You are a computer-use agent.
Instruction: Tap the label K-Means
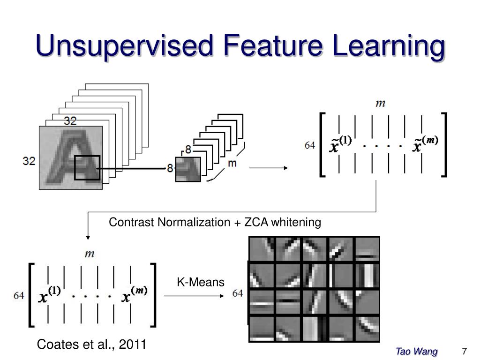point(201,282)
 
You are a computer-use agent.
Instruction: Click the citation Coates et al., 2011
point(92,345)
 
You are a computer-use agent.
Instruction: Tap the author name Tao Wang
point(417,352)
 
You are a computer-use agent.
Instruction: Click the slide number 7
point(465,352)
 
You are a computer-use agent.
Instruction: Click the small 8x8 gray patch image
point(188,169)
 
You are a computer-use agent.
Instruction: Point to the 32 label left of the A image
point(29,161)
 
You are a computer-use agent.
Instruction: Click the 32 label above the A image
point(70,121)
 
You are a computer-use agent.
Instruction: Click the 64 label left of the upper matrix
point(310,145)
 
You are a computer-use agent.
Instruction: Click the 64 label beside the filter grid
point(238,293)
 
